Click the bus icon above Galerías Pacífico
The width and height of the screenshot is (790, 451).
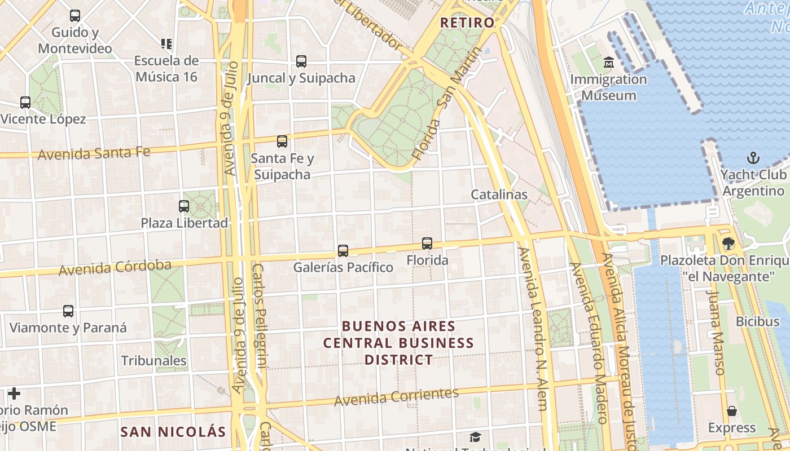pos(343,251)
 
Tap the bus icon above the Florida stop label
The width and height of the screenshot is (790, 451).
pos(427,244)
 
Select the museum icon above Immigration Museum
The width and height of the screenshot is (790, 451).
pos(608,62)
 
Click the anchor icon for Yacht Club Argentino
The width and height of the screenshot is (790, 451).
pos(753,158)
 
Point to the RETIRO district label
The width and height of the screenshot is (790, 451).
pos(467,23)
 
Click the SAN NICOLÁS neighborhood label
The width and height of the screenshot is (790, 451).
pos(173,432)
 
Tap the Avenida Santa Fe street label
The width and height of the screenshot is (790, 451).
pos(94,153)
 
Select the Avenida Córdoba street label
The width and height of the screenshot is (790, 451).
pos(115,268)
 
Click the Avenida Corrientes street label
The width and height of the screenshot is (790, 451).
pos(396,397)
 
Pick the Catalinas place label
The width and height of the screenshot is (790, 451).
pos(499,194)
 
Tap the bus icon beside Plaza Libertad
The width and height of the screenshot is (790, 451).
pos(184,206)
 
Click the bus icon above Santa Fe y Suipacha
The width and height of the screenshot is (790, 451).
pos(282,142)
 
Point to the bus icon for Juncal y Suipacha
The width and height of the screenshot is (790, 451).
pos(301,61)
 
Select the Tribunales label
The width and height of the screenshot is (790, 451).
pos(153,361)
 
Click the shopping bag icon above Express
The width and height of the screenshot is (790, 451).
pos(732,411)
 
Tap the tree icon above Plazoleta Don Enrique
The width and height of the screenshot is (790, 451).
pos(728,244)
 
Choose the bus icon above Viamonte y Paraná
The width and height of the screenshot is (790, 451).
pos(68,311)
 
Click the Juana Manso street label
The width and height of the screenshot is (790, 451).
pos(716,333)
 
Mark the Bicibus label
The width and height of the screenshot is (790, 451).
pos(757,321)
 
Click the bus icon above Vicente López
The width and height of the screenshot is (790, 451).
pos(25,103)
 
